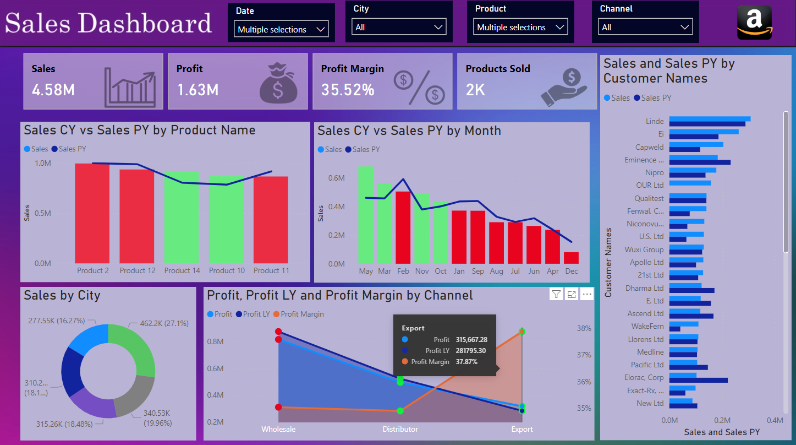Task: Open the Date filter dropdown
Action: (282, 30)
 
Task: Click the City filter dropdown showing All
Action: (399, 27)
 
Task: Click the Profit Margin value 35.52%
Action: (348, 90)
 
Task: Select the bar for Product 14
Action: (182, 217)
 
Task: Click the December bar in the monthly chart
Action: (571, 258)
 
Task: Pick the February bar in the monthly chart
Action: (403, 227)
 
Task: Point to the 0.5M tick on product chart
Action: (43, 213)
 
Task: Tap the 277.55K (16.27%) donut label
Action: (57, 321)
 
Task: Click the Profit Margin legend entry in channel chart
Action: (302, 314)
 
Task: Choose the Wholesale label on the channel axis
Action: (278, 429)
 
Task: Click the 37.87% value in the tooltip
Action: (466, 362)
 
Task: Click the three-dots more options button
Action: (587, 295)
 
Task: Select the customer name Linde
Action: (655, 121)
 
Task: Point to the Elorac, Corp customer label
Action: (644, 378)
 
